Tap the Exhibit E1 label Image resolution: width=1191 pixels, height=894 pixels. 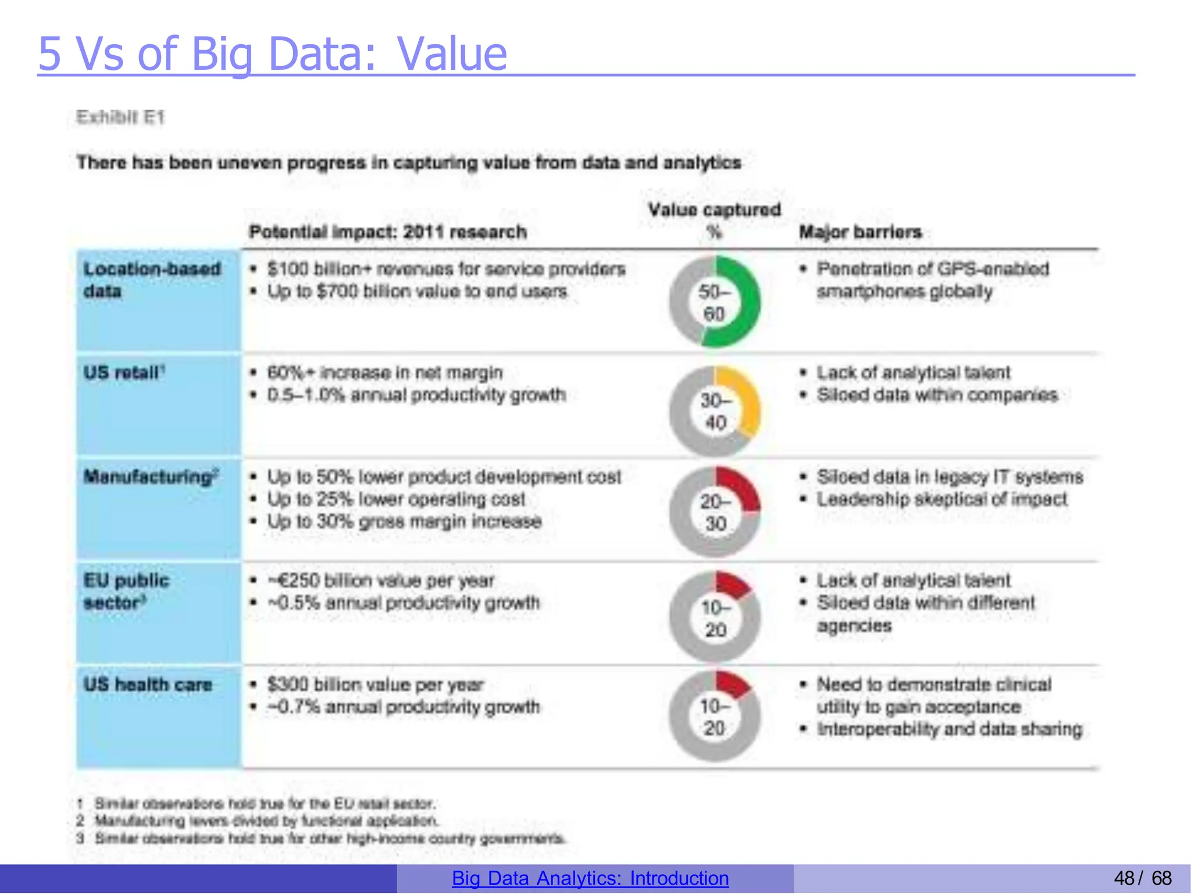[120, 117]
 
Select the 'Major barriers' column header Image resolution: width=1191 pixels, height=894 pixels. [860, 232]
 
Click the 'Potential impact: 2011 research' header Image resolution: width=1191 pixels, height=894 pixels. [388, 232]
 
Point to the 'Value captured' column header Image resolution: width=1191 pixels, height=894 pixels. [714, 210]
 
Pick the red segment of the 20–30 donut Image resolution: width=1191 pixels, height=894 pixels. [741, 489]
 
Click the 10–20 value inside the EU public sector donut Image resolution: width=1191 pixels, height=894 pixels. [715, 619]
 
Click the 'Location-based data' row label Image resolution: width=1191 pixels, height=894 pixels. [152, 280]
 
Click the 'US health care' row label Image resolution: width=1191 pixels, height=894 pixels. [148, 685]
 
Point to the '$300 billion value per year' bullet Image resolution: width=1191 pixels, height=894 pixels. [375, 685]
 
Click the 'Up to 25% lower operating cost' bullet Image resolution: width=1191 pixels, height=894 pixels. [395, 499]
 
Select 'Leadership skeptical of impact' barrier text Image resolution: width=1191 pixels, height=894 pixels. [942, 499]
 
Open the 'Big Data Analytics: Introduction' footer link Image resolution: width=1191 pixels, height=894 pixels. [590, 878]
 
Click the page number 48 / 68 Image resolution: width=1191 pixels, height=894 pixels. [1142, 878]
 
